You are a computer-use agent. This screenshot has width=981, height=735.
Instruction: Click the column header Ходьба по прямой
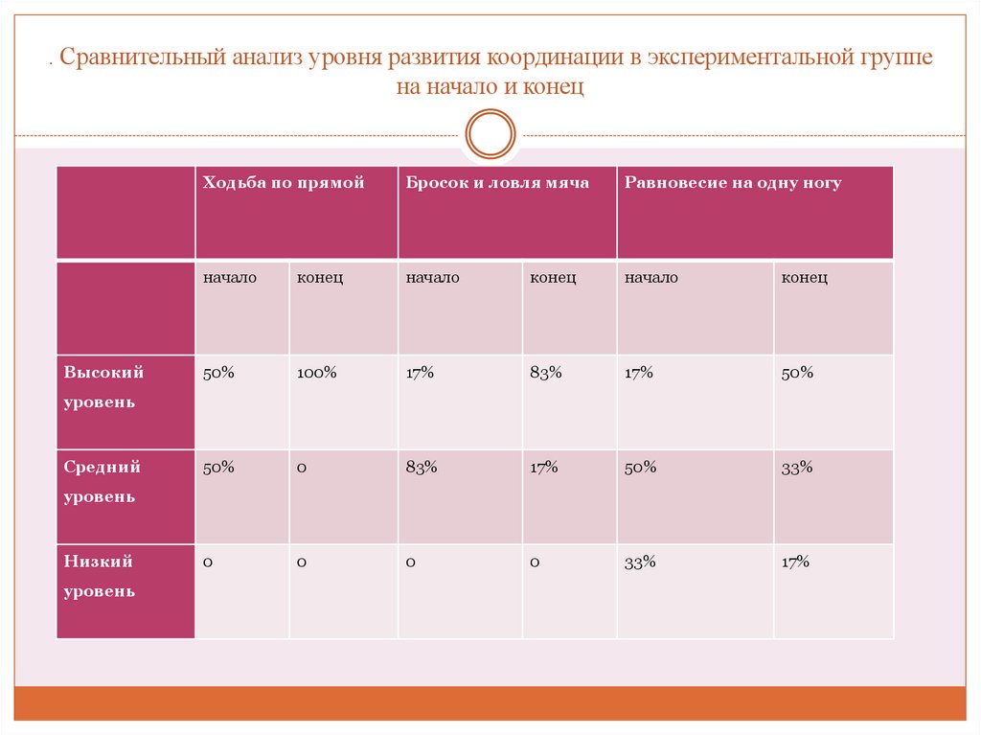[284, 183]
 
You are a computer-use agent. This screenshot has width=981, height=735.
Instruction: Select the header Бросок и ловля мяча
[497, 183]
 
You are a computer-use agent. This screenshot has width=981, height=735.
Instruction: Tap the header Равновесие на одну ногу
[733, 183]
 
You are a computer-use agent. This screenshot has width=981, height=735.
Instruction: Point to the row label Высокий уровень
[104, 387]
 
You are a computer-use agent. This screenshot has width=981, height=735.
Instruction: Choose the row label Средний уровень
[103, 482]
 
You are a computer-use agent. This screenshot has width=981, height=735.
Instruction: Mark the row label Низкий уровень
[100, 576]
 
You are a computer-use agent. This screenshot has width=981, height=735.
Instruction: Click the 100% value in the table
[316, 373]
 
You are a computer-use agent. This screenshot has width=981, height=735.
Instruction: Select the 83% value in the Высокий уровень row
[545, 373]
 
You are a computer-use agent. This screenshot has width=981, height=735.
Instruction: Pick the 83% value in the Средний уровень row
[422, 468]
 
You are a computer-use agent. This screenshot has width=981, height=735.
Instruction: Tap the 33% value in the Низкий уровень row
[640, 563]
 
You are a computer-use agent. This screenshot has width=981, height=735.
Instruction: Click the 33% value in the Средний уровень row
[797, 468]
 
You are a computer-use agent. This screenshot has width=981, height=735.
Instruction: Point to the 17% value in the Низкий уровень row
[795, 563]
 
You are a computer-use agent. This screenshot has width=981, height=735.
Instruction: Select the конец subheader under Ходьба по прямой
[320, 278]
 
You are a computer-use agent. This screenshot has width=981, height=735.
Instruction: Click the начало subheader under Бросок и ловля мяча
[432, 278]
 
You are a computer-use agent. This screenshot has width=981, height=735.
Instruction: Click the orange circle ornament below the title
[490, 133]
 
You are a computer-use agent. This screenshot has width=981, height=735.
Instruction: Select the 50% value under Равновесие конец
[797, 373]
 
